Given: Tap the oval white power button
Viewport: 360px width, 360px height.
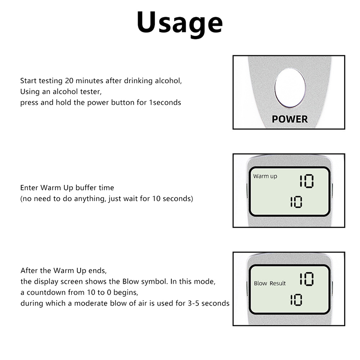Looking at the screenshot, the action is tap(290, 88).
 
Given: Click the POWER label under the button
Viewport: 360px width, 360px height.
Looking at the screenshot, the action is tap(290, 119).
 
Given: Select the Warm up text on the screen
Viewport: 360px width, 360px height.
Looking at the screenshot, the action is tap(265, 176).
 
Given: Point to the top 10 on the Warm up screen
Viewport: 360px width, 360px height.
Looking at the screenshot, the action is tap(306, 181).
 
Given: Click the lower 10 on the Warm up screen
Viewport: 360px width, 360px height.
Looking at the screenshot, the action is tap(296, 202).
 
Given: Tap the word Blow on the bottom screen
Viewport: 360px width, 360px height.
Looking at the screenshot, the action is tap(261, 283).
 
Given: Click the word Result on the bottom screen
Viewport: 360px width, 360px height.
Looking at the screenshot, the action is tap(278, 283).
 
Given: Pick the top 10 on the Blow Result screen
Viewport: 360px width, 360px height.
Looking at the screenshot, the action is tap(306, 279).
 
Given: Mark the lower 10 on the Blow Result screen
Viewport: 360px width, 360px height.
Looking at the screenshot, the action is tap(296, 300).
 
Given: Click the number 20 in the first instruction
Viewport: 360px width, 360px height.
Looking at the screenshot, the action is tap(69, 81).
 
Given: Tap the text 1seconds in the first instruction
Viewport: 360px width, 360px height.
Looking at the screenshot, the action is tap(165, 103).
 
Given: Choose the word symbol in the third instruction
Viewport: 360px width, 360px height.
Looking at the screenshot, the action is tap(155, 282).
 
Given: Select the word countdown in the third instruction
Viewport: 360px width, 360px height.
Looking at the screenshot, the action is tap(47, 292).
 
